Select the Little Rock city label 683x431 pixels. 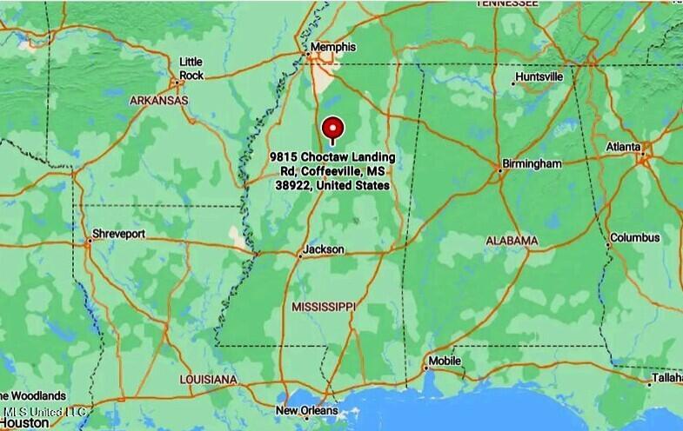[x=191, y=69]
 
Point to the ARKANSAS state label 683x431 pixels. [x=159, y=101]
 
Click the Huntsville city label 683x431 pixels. [x=539, y=76]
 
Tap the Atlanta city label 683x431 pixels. [x=624, y=147]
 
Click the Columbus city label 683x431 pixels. [x=634, y=237]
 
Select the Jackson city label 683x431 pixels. [x=323, y=250]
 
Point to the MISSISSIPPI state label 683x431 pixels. [x=324, y=307]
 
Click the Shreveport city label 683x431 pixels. [x=118, y=235]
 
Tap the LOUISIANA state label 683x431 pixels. [x=208, y=381]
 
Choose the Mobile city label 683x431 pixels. [x=444, y=361]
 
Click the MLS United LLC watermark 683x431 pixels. [x=45, y=410]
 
